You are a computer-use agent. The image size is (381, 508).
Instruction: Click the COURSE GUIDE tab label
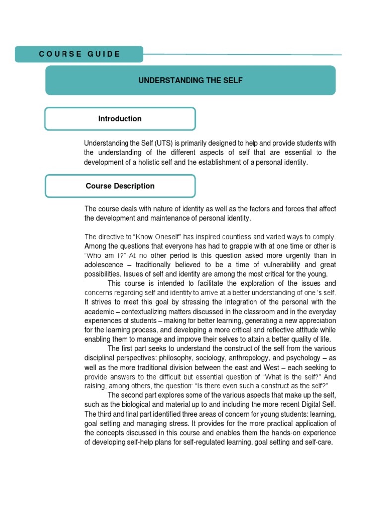(x=79, y=54)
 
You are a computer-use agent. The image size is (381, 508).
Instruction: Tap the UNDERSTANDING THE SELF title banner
(x=190, y=80)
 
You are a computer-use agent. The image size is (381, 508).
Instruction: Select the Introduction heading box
(x=120, y=119)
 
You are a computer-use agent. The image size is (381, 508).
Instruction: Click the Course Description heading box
(x=120, y=186)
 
